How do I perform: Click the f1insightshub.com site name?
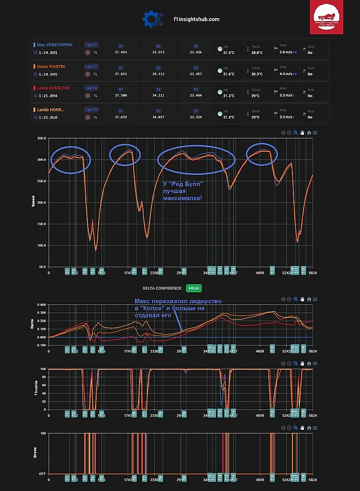pyautogui.click(x=196, y=19)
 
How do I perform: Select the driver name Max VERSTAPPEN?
pyautogui.click(x=55, y=45)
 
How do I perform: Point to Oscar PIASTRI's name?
pyautogui.click(x=51, y=66)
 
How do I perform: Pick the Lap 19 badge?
pyautogui.click(x=92, y=110)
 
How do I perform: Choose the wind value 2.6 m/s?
pyautogui.click(x=287, y=52)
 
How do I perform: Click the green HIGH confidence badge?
pyautogui.click(x=194, y=288)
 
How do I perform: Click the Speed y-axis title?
pyautogui.click(x=34, y=203)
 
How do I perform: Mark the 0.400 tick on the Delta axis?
pyautogui.click(x=40, y=305)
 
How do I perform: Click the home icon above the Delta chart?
pyautogui.click(x=309, y=299)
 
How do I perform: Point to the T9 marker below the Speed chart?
pyautogui.click(x=184, y=271)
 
